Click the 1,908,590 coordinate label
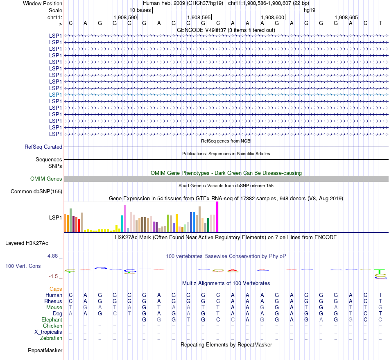[125, 17]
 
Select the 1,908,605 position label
[346, 17]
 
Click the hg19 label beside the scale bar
[309, 10]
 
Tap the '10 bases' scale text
[140, 10]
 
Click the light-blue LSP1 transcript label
[56, 95]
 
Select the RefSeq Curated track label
[43, 147]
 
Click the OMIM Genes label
[46, 179]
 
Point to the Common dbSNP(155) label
[36, 191]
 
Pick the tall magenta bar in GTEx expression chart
[217, 217]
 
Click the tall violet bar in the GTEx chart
[125, 218]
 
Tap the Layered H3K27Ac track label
[27, 243]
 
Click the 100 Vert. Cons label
[23, 266]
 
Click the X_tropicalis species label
[48, 332]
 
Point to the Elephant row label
[52, 319]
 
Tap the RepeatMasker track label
[45, 350]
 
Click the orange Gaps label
[56, 289]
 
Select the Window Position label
[43, 3]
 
